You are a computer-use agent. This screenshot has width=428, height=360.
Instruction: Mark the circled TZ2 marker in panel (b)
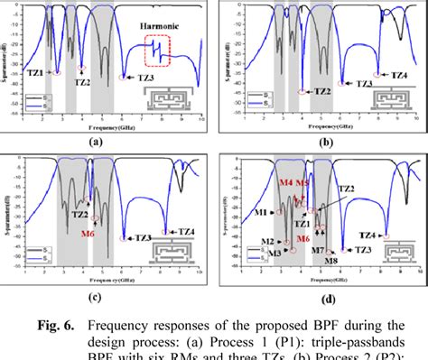[x=302, y=91]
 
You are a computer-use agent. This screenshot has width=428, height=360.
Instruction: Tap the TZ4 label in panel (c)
[x=183, y=229]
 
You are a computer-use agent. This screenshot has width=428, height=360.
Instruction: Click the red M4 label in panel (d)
[x=286, y=182]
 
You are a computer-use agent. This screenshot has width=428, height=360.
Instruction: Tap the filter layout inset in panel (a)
[x=184, y=98]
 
